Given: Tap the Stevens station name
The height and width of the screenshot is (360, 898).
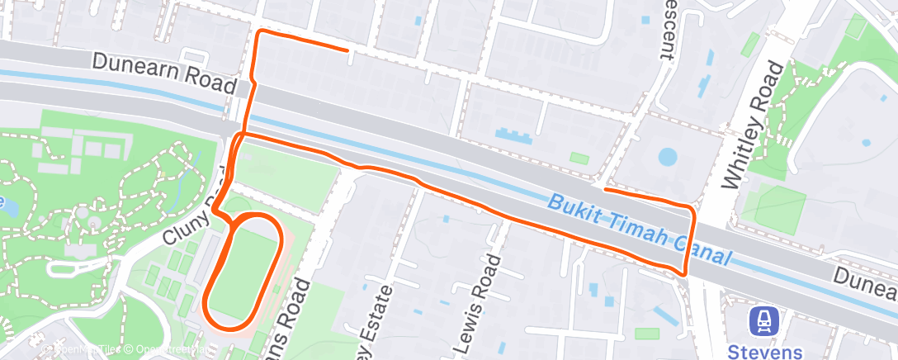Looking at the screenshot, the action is tap(765, 352).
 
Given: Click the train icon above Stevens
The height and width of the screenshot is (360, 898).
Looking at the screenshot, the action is tap(764, 320).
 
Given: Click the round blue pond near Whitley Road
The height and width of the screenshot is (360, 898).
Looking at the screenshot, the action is tap(667, 156).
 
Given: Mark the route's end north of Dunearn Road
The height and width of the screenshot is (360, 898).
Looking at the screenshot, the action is tap(347, 50).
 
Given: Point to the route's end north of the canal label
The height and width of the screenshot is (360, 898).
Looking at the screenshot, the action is tap(606, 190).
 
